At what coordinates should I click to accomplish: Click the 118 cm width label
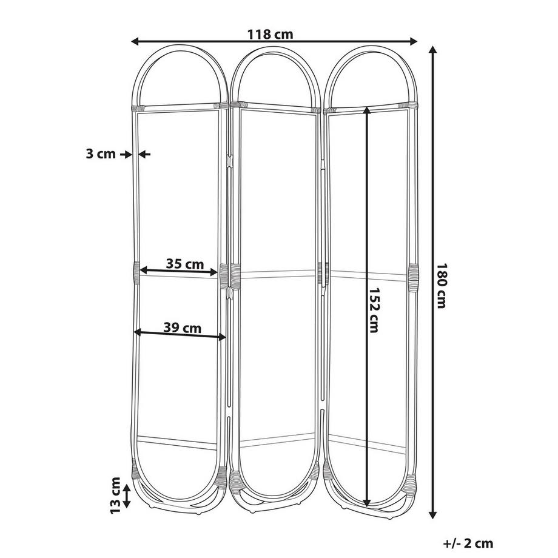(x=270, y=35)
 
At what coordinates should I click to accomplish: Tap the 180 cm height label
(x=442, y=286)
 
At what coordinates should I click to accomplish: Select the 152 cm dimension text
(x=374, y=309)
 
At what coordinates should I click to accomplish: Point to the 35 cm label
(x=185, y=264)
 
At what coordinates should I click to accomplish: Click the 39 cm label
(x=182, y=328)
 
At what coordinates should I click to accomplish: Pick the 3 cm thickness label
(x=101, y=154)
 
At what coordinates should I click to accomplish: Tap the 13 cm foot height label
(x=116, y=495)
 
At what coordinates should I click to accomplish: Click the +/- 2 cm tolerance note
(x=468, y=543)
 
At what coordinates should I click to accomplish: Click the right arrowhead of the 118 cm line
(x=414, y=42)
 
